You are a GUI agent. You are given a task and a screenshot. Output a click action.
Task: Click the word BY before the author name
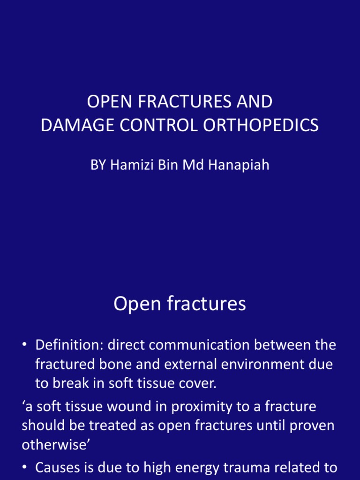coord(98,165)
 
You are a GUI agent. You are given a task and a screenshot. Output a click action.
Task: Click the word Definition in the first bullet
coord(69,345)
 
